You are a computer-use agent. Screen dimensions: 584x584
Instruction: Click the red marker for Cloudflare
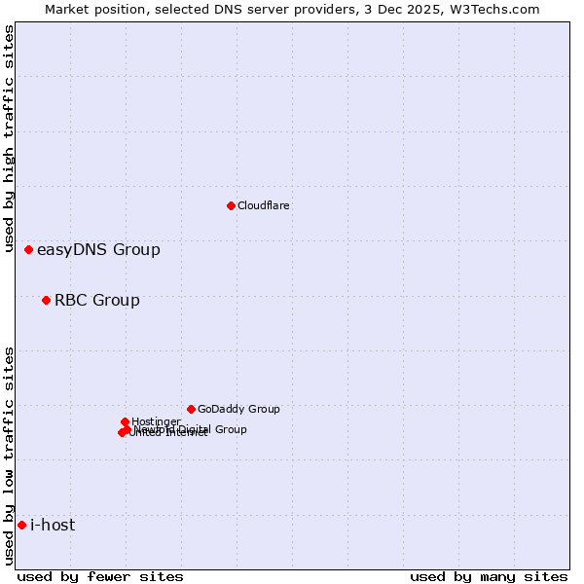pos(231,205)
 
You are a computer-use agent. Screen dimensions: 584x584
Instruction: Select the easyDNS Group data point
pos(29,250)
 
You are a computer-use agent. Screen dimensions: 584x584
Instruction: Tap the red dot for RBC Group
pos(46,300)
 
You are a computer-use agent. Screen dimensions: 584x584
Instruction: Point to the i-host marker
pos(21,526)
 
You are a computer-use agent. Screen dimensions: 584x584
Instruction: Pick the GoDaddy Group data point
pos(191,409)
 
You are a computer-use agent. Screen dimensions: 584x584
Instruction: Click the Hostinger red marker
pos(125,421)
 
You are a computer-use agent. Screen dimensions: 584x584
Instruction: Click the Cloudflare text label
pos(263,205)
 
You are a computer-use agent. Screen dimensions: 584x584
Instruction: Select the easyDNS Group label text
pos(98,250)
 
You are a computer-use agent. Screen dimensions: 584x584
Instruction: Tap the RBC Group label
pos(96,300)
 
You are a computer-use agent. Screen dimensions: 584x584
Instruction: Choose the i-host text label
pos(53,526)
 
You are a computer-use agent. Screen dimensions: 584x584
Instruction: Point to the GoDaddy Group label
pos(237,409)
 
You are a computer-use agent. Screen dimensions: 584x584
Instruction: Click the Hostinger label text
pos(156,421)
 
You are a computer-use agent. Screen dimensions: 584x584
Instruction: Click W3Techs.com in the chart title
pos(496,9)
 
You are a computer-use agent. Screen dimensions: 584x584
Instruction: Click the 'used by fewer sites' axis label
pos(100,576)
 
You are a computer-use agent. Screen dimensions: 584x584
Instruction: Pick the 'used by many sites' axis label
pos(489,576)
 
